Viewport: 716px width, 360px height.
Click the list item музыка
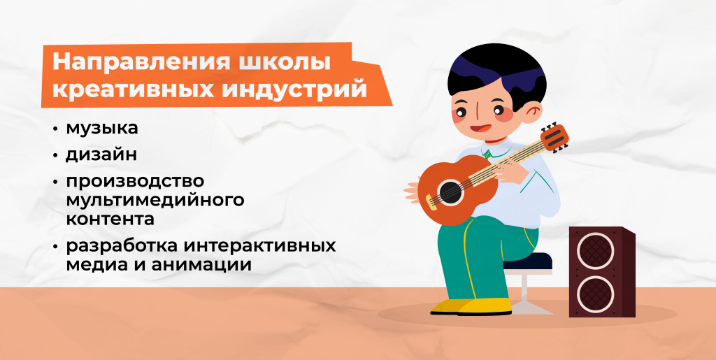point(101,129)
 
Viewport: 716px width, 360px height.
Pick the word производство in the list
point(135,180)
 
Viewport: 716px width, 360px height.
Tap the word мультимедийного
point(155,201)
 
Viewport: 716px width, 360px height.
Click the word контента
point(110,219)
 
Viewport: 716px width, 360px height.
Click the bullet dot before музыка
point(55,130)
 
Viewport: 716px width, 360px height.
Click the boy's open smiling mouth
point(479,129)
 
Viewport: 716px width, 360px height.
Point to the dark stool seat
point(528,261)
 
